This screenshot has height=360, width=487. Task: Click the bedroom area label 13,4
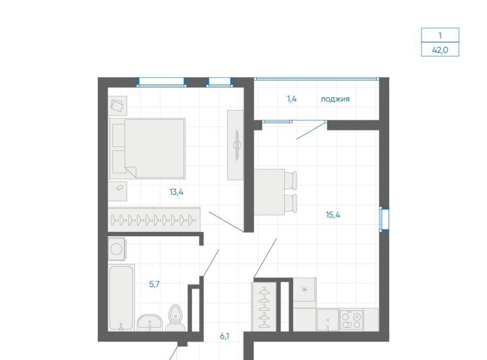coord(177,192)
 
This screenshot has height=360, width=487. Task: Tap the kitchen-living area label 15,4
coord(333,215)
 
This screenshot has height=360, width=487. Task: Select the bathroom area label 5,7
coord(154,284)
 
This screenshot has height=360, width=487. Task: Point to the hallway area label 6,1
coord(225,336)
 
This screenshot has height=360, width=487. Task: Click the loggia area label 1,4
coord(292,99)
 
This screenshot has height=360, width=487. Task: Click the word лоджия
coord(335,99)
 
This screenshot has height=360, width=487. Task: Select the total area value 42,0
coord(440,50)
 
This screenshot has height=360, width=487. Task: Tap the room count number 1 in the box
coord(440,35)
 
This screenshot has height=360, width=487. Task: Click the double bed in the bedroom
coord(147,149)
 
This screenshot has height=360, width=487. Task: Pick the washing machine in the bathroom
coord(117,249)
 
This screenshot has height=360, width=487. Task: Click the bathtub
coord(121,298)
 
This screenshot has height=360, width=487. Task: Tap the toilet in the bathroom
coord(176,318)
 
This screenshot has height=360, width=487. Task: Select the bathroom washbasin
coord(150,323)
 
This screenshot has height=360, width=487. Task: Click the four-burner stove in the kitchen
coord(351,319)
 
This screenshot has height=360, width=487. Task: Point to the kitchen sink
coord(328,319)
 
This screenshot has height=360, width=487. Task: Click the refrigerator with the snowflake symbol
coord(305,290)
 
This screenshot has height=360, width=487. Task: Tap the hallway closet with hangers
coord(264,307)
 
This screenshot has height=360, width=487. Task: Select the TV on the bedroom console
coord(237,145)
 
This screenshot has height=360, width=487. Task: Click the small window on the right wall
coord(384,219)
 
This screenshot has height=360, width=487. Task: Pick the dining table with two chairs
coord(275,192)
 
